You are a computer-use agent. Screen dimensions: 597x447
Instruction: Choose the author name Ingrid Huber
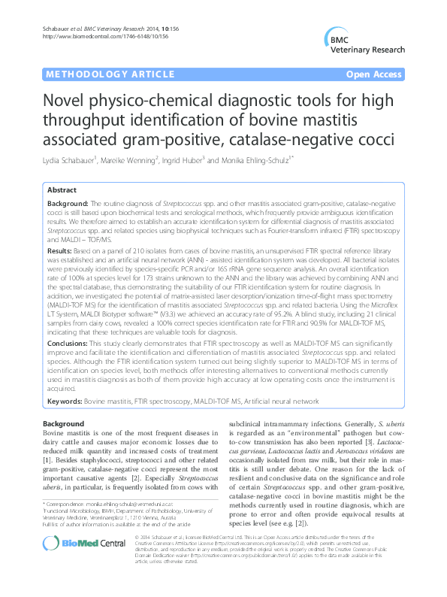pos(203,159)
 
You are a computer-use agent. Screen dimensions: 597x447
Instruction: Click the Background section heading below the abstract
pos(64,425)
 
